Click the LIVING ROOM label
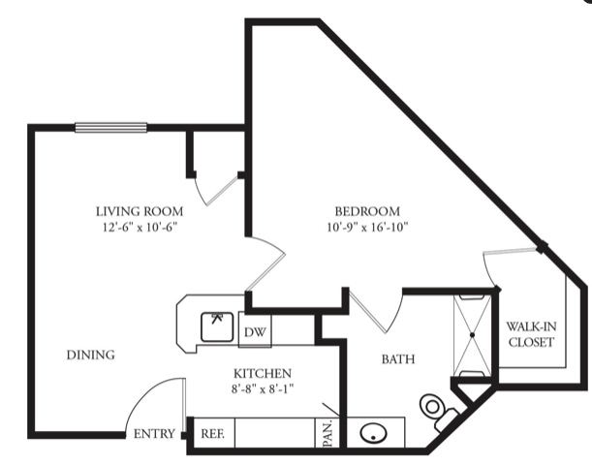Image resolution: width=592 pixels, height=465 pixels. pyautogui.click(x=140, y=211)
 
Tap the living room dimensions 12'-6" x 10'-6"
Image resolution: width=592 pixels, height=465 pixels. pyautogui.click(x=140, y=228)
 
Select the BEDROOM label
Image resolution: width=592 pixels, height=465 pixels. pyautogui.click(x=367, y=211)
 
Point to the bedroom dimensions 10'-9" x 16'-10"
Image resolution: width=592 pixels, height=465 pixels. pyautogui.click(x=368, y=228)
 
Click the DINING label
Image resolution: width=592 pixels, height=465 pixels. pyautogui.click(x=91, y=355)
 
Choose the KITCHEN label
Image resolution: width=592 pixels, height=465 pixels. pyautogui.click(x=263, y=373)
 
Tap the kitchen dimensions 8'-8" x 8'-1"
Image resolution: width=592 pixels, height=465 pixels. pyautogui.click(x=263, y=388)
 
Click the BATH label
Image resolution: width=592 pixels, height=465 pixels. pyautogui.click(x=398, y=359)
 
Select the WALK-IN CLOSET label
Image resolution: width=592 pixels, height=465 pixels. pyautogui.click(x=531, y=334)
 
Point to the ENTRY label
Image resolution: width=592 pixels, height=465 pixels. pyautogui.click(x=154, y=434)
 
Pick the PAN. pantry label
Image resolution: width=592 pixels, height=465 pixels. pyautogui.click(x=327, y=433)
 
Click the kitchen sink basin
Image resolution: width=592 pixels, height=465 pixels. pyautogui.click(x=217, y=326)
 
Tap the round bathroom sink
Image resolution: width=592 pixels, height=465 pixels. pyautogui.click(x=373, y=432)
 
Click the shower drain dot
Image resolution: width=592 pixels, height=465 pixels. pyautogui.click(x=472, y=335)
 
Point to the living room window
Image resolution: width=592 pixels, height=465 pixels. pyautogui.click(x=111, y=128)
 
